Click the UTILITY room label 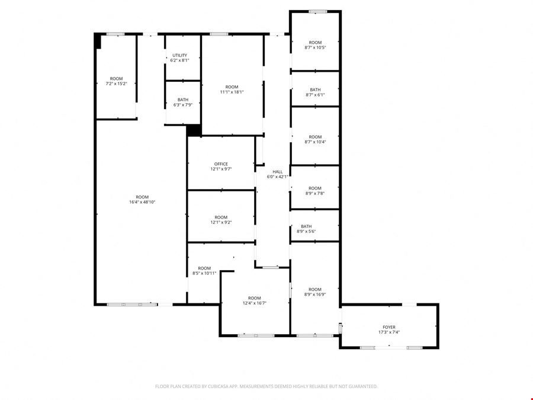tap(180, 55)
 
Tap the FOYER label tap(389, 327)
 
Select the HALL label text tap(277, 172)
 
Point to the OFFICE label tap(221, 164)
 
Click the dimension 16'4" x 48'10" tap(142, 202)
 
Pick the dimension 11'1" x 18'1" tap(232, 92)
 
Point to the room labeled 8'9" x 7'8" tap(315, 188)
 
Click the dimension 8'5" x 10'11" tap(204, 273)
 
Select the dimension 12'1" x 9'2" tap(221, 222)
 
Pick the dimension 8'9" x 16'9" tap(315, 295)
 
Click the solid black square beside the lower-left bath tap(194, 130)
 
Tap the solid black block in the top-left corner tap(98, 41)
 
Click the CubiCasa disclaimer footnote tap(266, 386)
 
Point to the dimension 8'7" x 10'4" tap(315, 142)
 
